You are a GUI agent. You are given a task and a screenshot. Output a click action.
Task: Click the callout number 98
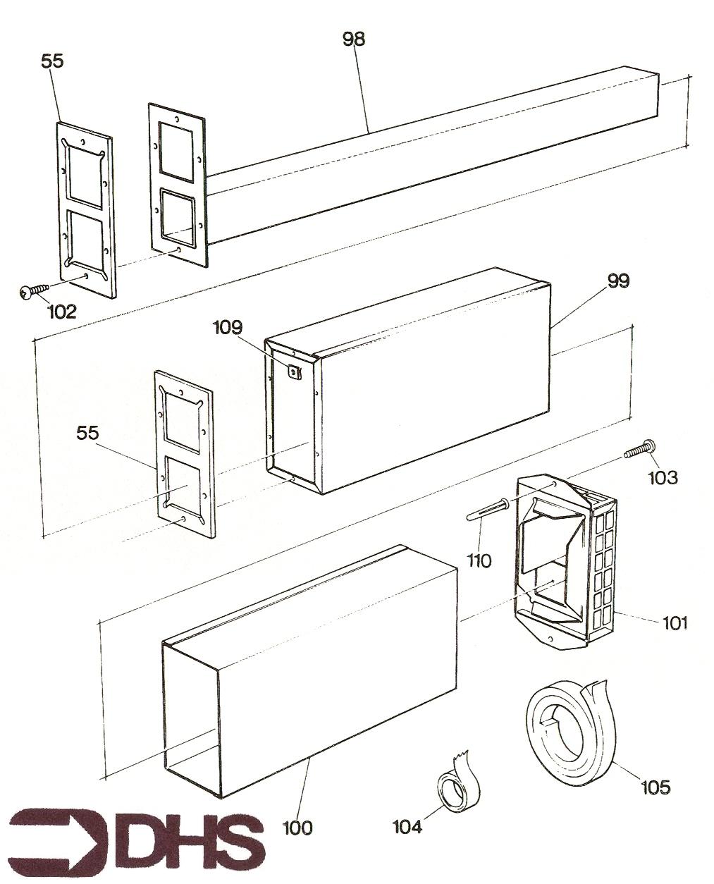(354, 39)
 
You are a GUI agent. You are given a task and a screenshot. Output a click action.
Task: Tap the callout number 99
(618, 281)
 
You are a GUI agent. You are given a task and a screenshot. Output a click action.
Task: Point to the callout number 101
(675, 623)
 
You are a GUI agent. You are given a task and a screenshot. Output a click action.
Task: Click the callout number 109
(227, 328)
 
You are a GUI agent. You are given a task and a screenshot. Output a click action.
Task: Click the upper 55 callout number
(51, 61)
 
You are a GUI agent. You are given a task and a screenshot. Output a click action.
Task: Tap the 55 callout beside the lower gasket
(88, 432)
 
